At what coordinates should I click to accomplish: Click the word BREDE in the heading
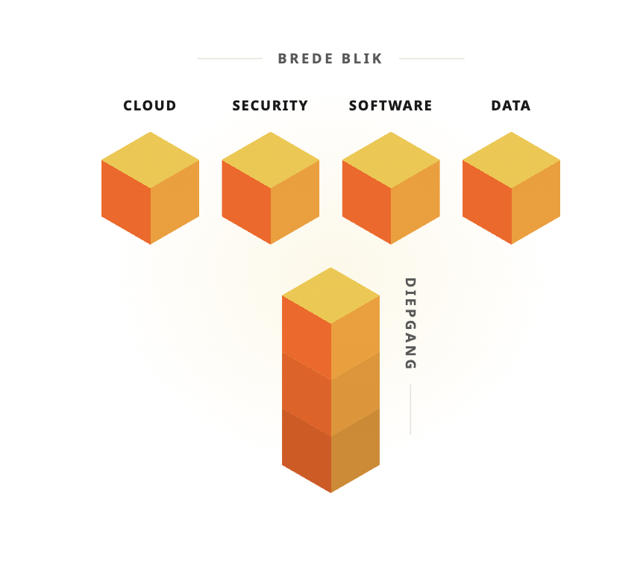tap(305, 59)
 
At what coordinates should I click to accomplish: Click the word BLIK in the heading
tap(362, 59)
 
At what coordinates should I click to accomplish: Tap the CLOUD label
tap(150, 106)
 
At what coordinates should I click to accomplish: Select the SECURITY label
tap(270, 106)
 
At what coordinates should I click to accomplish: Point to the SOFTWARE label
tap(390, 106)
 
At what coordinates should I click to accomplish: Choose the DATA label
tap(511, 106)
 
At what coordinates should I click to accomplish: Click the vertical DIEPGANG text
tap(410, 324)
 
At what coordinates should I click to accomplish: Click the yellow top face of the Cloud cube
tap(151, 160)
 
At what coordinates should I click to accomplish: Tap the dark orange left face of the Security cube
tap(246, 202)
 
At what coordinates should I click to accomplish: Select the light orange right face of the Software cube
tap(415, 202)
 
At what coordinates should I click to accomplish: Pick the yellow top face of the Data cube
tap(512, 160)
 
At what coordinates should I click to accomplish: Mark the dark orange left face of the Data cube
tap(487, 202)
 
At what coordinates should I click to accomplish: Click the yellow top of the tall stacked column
tap(331, 295)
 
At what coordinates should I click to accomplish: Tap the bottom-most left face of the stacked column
tap(307, 451)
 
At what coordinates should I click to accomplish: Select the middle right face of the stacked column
tap(355, 394)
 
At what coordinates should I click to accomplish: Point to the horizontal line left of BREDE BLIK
tap(230, 59)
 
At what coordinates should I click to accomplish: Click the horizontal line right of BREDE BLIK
tap(432, 59)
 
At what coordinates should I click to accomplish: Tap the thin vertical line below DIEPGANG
tap(410, 410)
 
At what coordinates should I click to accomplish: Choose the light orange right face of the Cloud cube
tap(175, 202)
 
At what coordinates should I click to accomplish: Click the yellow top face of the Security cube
tap(271, 160)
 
